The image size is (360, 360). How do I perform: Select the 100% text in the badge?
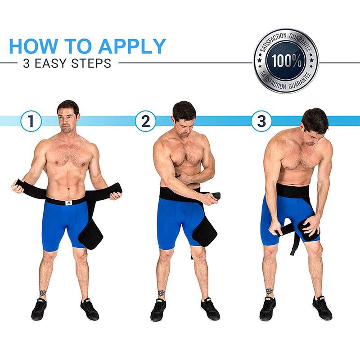pyautogui.click(x=286, y=61)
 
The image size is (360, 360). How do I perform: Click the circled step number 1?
pyautogui.click(x=31, y=121)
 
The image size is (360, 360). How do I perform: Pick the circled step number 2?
pyautogui.click(x=145, y=121)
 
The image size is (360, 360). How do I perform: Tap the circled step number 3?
pyautogui.click(x=261, y=121)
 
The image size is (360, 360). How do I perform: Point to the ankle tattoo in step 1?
pyautogui.click(x=43, y=293)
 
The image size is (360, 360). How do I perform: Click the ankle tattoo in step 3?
pyautogui.click(x=270, y=291)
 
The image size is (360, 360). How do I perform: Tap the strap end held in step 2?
pyautogui.click(x=215, y=195)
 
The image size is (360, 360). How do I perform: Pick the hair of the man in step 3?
pyautogui.click(x=315, y=118)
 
